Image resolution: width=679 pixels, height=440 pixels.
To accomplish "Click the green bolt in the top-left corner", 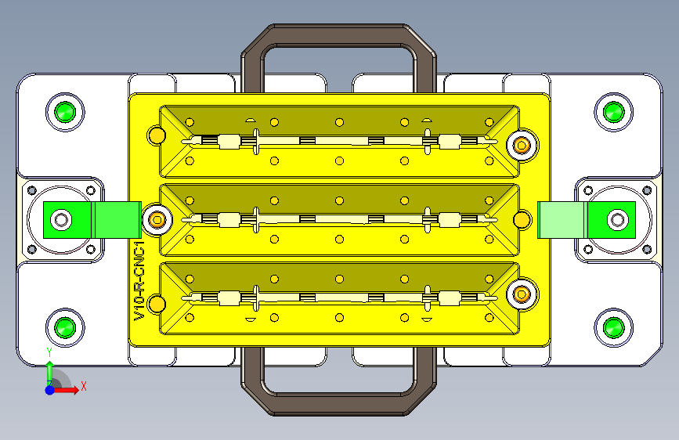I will [64, 112].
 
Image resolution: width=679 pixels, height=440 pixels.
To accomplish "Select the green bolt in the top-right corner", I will [612, 112].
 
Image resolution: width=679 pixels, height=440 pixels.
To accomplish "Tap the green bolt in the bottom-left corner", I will [64, 326].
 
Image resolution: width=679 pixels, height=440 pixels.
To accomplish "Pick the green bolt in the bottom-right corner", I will [612, 326].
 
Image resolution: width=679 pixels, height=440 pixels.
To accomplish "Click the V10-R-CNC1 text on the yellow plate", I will [139, 282].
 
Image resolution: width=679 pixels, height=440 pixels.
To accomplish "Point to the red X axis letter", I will [83, 386].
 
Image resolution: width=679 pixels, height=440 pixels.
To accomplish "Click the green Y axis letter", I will [49, 352].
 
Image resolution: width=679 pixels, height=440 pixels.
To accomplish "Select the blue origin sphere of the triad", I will [49, 389].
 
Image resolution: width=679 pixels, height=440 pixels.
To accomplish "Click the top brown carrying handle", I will [338, 36].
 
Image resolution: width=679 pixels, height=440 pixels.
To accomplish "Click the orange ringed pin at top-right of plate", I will [521, 144].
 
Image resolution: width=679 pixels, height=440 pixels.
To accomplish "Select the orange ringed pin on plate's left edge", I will [157, 220].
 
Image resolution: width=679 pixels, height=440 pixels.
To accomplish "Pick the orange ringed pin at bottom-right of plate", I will [521, 294].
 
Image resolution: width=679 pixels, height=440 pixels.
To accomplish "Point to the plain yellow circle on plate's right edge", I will [520, 219].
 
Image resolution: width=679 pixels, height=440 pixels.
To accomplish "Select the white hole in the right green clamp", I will [617, 220].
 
